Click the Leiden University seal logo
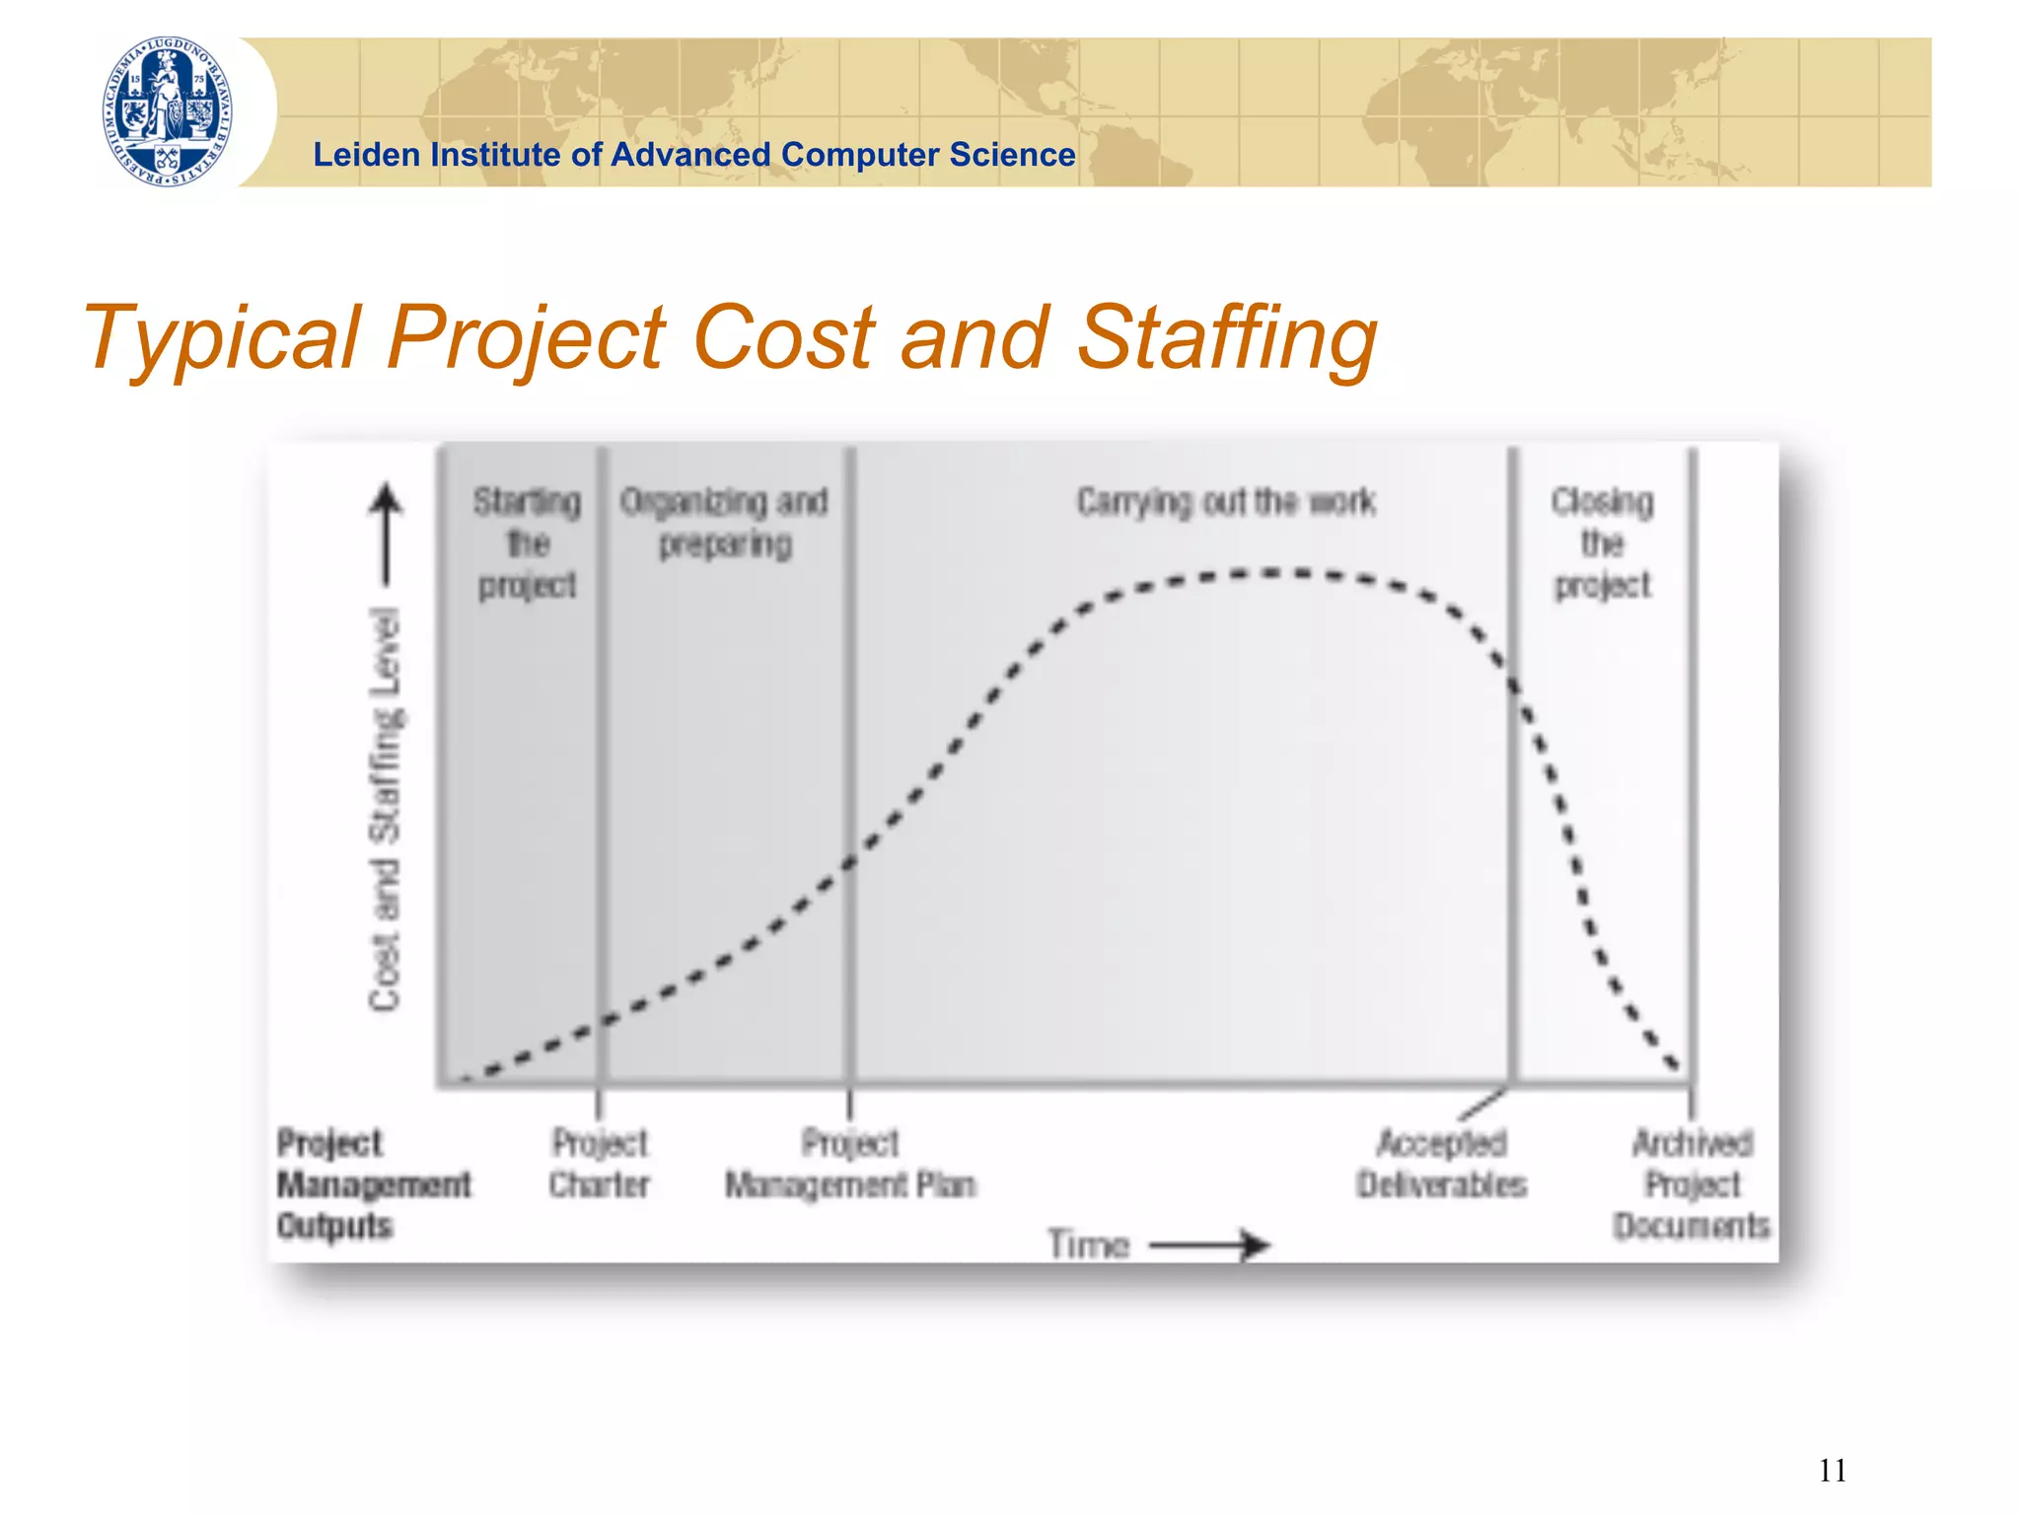tap(168, 111)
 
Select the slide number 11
tap(1832, 1471)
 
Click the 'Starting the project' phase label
tap(527, 543)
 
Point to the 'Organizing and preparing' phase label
tap(725, 523)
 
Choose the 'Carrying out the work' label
tap(1225, 502)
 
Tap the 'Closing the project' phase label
tap(1602, 543)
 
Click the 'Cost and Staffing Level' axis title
tap(386, 809)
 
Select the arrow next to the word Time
tap(1211, 1245)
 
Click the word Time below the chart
tap(1088, 1245)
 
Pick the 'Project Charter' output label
tap(600, 1164)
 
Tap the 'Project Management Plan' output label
tap(850, 1164)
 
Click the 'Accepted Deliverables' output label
tap(1441, 1164)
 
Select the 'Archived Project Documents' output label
tap(1692, 1184)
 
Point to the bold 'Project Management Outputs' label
tap(373, 1184)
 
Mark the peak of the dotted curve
tap(1272, 573)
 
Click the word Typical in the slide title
tap(222, 337)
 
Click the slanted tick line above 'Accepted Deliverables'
tap(1481, 1105)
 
